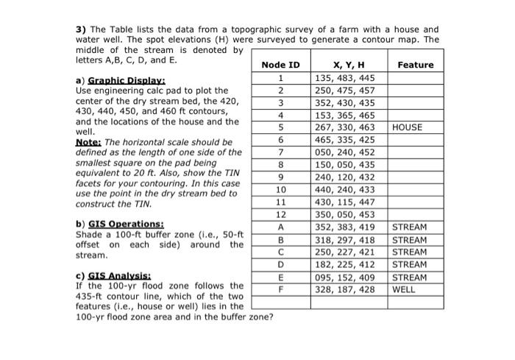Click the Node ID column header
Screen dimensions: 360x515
point(280,65)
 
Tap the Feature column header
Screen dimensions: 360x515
point(415,65)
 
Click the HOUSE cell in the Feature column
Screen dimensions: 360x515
point(408,127)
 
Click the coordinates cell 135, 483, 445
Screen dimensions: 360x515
point(344,77)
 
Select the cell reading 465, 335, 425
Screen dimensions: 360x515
point(344,140)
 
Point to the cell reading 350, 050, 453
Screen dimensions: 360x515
point(344,215)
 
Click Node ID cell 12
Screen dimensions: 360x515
point(280,215)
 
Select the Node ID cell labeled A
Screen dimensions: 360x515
point(280,227)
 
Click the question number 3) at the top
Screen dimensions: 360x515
point(82,29)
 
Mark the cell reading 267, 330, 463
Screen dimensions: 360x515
point(344,127)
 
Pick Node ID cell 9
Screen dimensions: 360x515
point(280,177)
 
